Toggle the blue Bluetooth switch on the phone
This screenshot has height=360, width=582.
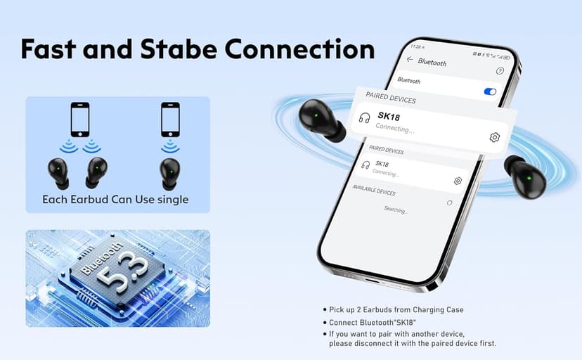[491, 91]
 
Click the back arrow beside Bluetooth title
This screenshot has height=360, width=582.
[410, 60]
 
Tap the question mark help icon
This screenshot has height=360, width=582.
[500, 71]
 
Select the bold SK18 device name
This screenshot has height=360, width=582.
[389, 116]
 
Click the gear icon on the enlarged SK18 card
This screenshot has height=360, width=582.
[494, 137]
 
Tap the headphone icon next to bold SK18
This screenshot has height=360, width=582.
[364, 117]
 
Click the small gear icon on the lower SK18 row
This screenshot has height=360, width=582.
[458, 181]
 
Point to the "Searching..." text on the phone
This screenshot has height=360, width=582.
[396, 210]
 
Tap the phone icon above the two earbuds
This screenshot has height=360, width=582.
[80, 120]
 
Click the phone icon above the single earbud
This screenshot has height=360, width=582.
[169, 120]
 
